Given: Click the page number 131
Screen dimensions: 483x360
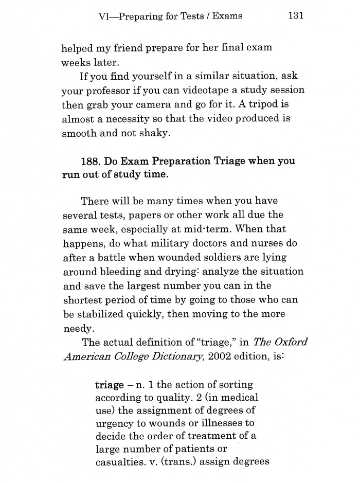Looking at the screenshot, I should pyautogui.click(x=296, y=15).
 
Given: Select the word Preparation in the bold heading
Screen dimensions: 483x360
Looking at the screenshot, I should pyautogui.click(x=166, y=161).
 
